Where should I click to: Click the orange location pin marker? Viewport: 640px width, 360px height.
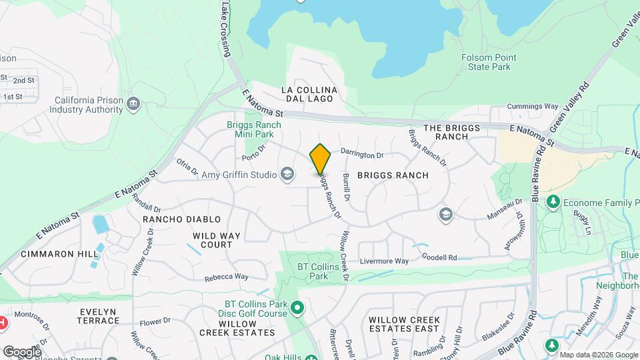click(x=320, y=159)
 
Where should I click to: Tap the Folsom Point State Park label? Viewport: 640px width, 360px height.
click(x=486, y=62)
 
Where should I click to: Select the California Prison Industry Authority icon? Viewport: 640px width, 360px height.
click(x=133, y=104)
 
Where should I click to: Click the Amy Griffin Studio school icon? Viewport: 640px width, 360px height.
click(x=287, y=175)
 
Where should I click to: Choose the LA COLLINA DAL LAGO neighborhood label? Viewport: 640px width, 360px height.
click(x=309, y=95)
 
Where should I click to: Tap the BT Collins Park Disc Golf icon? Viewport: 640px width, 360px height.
click(x=298, y=308)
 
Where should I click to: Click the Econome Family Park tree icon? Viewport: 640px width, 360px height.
click(x=553, y=202)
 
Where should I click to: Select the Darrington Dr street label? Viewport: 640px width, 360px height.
click(x=363, y=155)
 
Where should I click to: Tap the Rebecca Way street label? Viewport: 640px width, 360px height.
click(x=227, y=277)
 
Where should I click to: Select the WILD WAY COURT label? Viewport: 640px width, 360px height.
click(x=213, y=240)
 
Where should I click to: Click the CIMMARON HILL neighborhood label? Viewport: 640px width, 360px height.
click(x=51, y=254)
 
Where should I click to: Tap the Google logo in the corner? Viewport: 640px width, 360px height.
click(x=21, y=351)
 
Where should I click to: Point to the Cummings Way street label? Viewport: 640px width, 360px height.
click(x=532, y=106)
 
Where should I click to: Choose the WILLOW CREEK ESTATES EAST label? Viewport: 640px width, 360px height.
click(x=403, y=324)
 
